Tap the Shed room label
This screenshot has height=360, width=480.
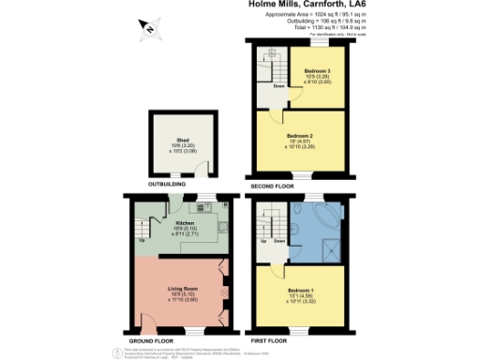coord(183,142)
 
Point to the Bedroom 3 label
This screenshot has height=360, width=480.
coord(314,70)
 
